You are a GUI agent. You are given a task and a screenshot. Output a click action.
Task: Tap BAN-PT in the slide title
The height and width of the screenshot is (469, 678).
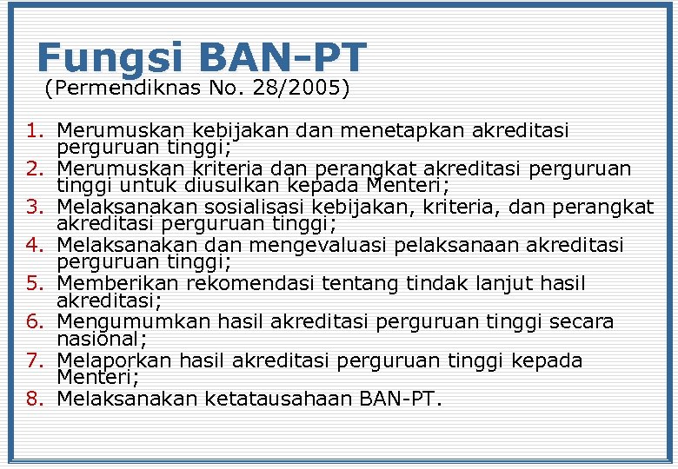tap(283, 57)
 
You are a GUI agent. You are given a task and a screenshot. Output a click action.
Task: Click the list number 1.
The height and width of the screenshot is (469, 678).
tap(34, 131)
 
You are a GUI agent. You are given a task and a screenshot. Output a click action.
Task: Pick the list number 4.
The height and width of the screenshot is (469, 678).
tap(34, 246)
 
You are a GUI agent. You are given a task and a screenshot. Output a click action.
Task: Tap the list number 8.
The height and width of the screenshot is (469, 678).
tap(34, 400)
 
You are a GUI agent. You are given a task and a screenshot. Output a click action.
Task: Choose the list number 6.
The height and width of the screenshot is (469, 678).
tap(34, 322)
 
